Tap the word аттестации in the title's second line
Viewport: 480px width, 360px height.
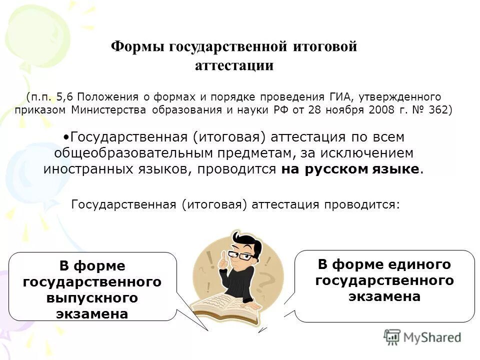pyautogui.click(x=234, y=66)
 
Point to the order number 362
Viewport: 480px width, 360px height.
pyautogui.click(x=438, y=110)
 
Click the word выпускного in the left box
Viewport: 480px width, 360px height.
pyautogui.click(x=92, y=298)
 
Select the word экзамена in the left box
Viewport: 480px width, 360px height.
pyautogui.click(x=92, y=314)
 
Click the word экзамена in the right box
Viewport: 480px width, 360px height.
pyautogui.click(x=384, y=296)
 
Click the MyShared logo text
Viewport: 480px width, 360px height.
pyautogui.click(x=431, y=337)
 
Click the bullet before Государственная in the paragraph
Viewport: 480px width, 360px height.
pyautogui.click(x=66, y=136)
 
